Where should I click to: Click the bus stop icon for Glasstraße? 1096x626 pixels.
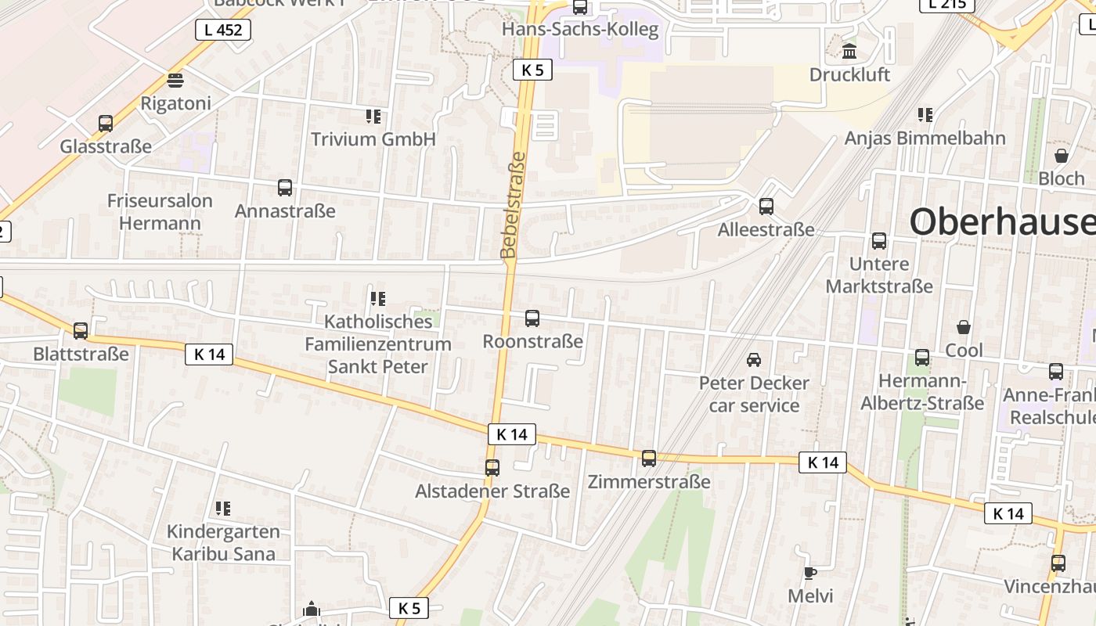coord(106,124)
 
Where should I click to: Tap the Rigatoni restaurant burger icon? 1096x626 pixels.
coord(175,81)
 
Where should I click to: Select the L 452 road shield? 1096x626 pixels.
coord(223,31)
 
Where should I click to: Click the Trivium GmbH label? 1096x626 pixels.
coord(373,139)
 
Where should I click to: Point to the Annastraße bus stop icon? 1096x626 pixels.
coord(285,188)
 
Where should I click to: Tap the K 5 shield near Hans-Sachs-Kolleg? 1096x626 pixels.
coord(532,70)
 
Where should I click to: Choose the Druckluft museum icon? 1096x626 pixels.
coord(849,52)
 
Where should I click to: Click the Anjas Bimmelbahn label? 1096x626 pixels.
coord(925,139)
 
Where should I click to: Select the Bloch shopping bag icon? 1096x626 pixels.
coord(1062,156)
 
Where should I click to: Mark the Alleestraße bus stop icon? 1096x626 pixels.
coord(766,207)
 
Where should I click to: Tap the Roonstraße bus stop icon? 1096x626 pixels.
coord(532,318)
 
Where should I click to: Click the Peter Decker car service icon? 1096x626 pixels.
coord(754,360)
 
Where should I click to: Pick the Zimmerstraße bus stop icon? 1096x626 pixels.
coord(649,459)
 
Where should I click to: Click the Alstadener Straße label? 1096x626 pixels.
coord(492,491)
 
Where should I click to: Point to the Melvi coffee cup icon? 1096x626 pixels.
coord(810,574)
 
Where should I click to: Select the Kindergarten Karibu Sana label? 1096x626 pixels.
coord(223,543)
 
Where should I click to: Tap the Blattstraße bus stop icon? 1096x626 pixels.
coord(81,331)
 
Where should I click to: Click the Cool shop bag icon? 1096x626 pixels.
coord(964,327)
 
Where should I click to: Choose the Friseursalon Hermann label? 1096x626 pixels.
coord(160,212)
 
